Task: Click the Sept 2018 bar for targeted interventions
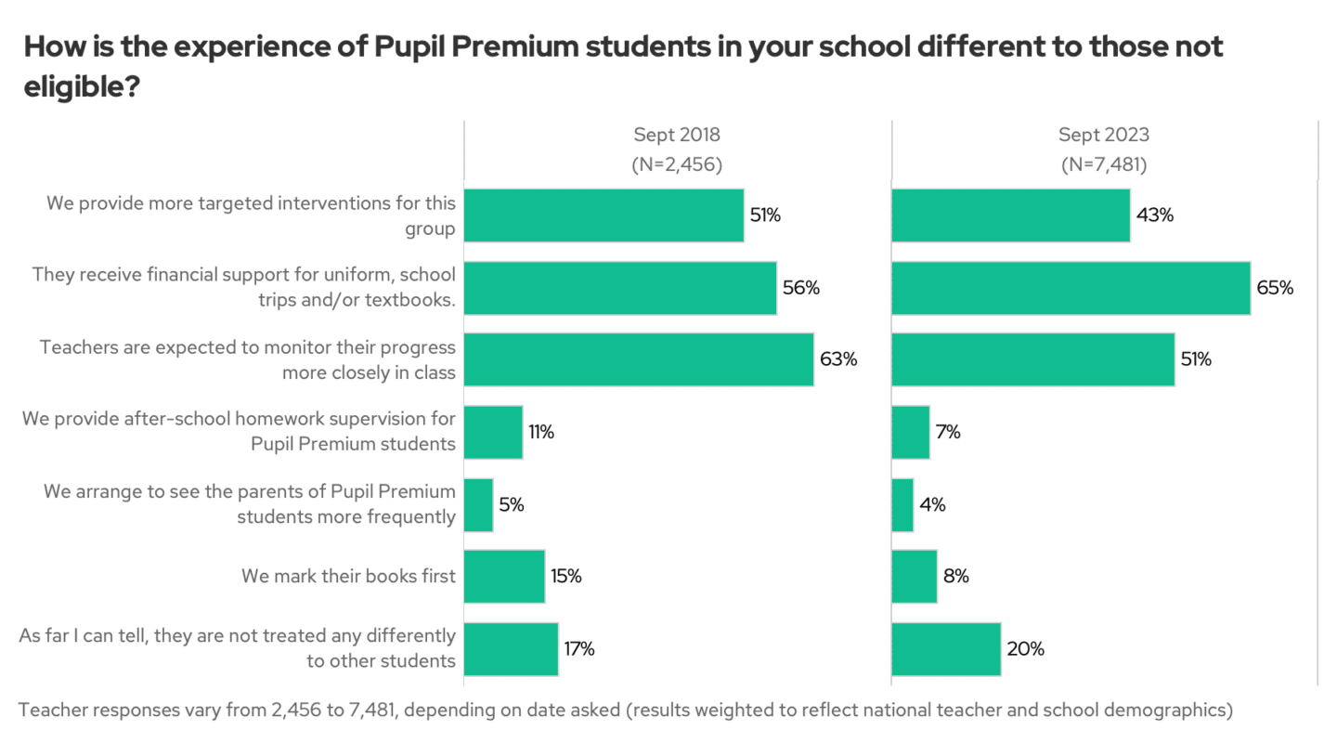pyautogui.click(x=604, y=215)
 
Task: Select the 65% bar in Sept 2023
pyautogui.click(x=1071, y=288)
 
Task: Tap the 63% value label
pyautogui.click(x=838, y=360)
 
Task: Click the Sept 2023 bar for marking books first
pyautogui.click(x=914, y=577)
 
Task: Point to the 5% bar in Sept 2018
pyautogui.click(x=478, y=505)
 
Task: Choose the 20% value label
pyautogui.click(x=1026, y=649)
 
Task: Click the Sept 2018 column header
pyautogui.click(x=677, y=135)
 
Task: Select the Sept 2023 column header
pyautogui.click(x=1104, y=135)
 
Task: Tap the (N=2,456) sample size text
pyautogui.click(x=677, y=165)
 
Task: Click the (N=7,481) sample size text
pyautogui.click(x=1104, y=165)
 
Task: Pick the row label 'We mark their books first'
pyautogui.click(x=348, y=577)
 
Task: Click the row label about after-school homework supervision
pyautogui.click(x=240, y=431)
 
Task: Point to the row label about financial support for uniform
pyautogui.click(x=244, y=287)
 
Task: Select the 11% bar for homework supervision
pyautogui.click(x=493, y=433)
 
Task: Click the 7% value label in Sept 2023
pyautogui.click(x=947, y=433)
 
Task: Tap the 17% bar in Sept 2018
pyautogui.click(x=511, y=649)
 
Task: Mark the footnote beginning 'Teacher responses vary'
pyautogui.click(x=625, y=710)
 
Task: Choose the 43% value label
pyautogui.click(x=1155, y=215)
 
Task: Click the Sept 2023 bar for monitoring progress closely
pyautogui.click(x=1032, y=360)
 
